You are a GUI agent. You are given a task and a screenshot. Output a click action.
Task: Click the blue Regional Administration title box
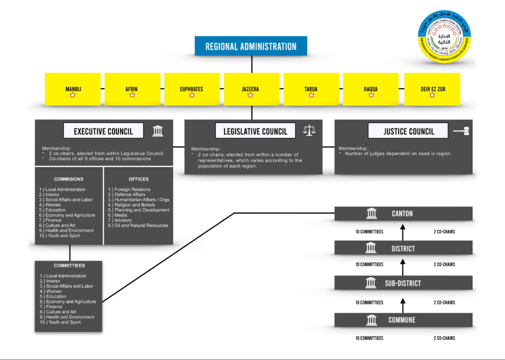(251, 46)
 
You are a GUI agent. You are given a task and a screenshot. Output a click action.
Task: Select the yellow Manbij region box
(73, 89)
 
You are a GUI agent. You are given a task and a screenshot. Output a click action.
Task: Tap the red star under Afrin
(132, 95)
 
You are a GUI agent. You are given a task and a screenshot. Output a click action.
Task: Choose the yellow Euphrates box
(191, 89)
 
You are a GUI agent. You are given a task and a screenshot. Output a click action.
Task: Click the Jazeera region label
(251, 89)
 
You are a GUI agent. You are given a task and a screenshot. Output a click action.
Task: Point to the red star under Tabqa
(311, 95)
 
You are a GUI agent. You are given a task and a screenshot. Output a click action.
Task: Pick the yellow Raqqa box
(370, 89)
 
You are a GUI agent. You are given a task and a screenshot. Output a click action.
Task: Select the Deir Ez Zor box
(432, 89)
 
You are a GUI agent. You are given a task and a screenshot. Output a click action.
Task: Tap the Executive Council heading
(104, 131)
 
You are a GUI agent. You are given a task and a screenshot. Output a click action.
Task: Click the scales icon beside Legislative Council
(309, 131)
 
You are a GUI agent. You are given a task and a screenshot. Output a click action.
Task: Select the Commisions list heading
(69, 179)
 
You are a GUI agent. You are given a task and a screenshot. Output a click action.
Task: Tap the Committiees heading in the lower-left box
(69, 266)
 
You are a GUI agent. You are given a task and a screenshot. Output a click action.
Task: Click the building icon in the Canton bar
(371, 214)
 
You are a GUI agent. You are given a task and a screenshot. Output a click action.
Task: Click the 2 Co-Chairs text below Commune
(444, 338)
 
